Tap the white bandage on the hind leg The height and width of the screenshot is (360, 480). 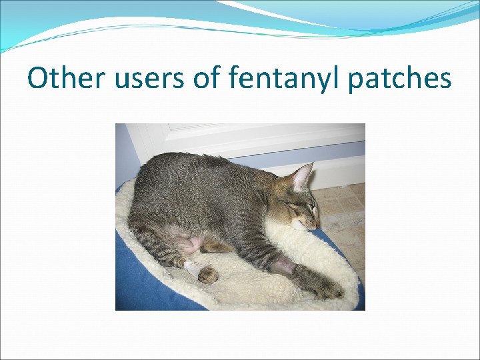[194, 268]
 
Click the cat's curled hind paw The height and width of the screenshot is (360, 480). [209, 275]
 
